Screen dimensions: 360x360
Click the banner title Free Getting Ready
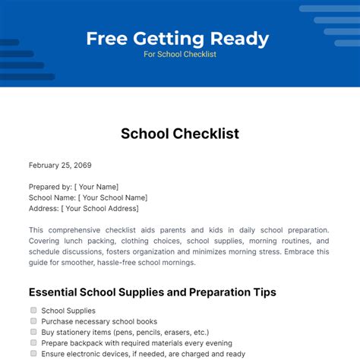coord(177,38)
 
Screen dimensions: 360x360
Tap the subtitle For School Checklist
coord(180,55)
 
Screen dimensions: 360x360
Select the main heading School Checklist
coord(180,134)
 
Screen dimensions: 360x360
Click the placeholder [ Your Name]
coord(96,187)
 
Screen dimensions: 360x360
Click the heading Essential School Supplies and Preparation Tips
coord(152,292)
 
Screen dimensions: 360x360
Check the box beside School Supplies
coord(33,310)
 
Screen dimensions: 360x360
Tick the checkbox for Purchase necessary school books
coord(33,321)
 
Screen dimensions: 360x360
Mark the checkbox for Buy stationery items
coord(33,331)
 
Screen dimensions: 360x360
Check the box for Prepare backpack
coord(33,342)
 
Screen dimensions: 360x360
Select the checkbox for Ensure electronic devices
coord(33,352)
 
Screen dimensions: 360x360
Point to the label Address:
coord(43,208)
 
